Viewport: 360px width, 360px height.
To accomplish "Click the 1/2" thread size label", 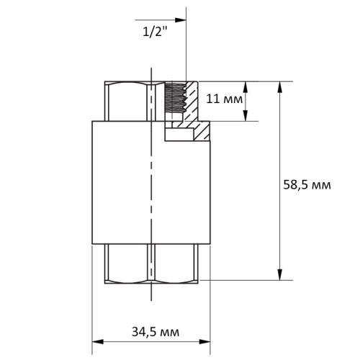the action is point(155,32).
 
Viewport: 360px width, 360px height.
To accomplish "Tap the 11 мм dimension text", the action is point(225,99).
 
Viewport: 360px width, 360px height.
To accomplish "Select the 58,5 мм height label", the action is point(307,185).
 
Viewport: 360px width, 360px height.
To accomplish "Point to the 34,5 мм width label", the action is point(156,332).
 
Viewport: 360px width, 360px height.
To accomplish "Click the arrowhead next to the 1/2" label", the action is point(181,20).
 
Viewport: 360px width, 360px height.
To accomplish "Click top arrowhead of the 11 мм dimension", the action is point(246,87).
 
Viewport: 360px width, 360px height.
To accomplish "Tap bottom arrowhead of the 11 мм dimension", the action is point(246,115).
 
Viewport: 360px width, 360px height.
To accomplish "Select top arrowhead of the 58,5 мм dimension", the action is point(279,87).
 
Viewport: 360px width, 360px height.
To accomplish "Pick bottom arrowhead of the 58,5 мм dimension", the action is point(279,274).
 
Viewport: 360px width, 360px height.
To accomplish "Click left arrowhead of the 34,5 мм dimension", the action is point(98,341).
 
